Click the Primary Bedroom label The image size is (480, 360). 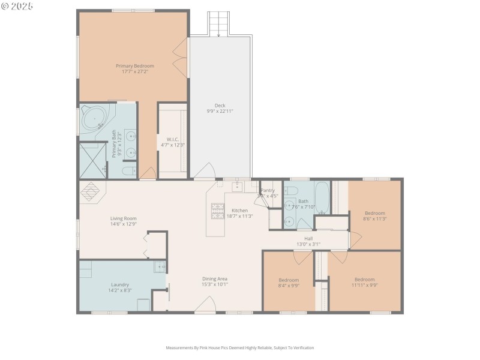[135, 65]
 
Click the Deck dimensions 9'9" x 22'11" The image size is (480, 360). [220, 111]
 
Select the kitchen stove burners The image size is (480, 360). [217, 211]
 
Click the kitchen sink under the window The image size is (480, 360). [238, 187]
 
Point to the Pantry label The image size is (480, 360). [267, 190]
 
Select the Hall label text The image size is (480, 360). [308, 238]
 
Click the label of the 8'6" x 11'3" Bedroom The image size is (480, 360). [375, 213]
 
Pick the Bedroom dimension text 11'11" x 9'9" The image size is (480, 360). [364, 286]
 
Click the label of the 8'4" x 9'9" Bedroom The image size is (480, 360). [289, 280]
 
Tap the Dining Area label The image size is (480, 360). [214, 278]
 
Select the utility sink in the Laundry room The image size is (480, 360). [160, 267]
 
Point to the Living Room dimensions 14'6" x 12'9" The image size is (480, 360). [123, 224]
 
